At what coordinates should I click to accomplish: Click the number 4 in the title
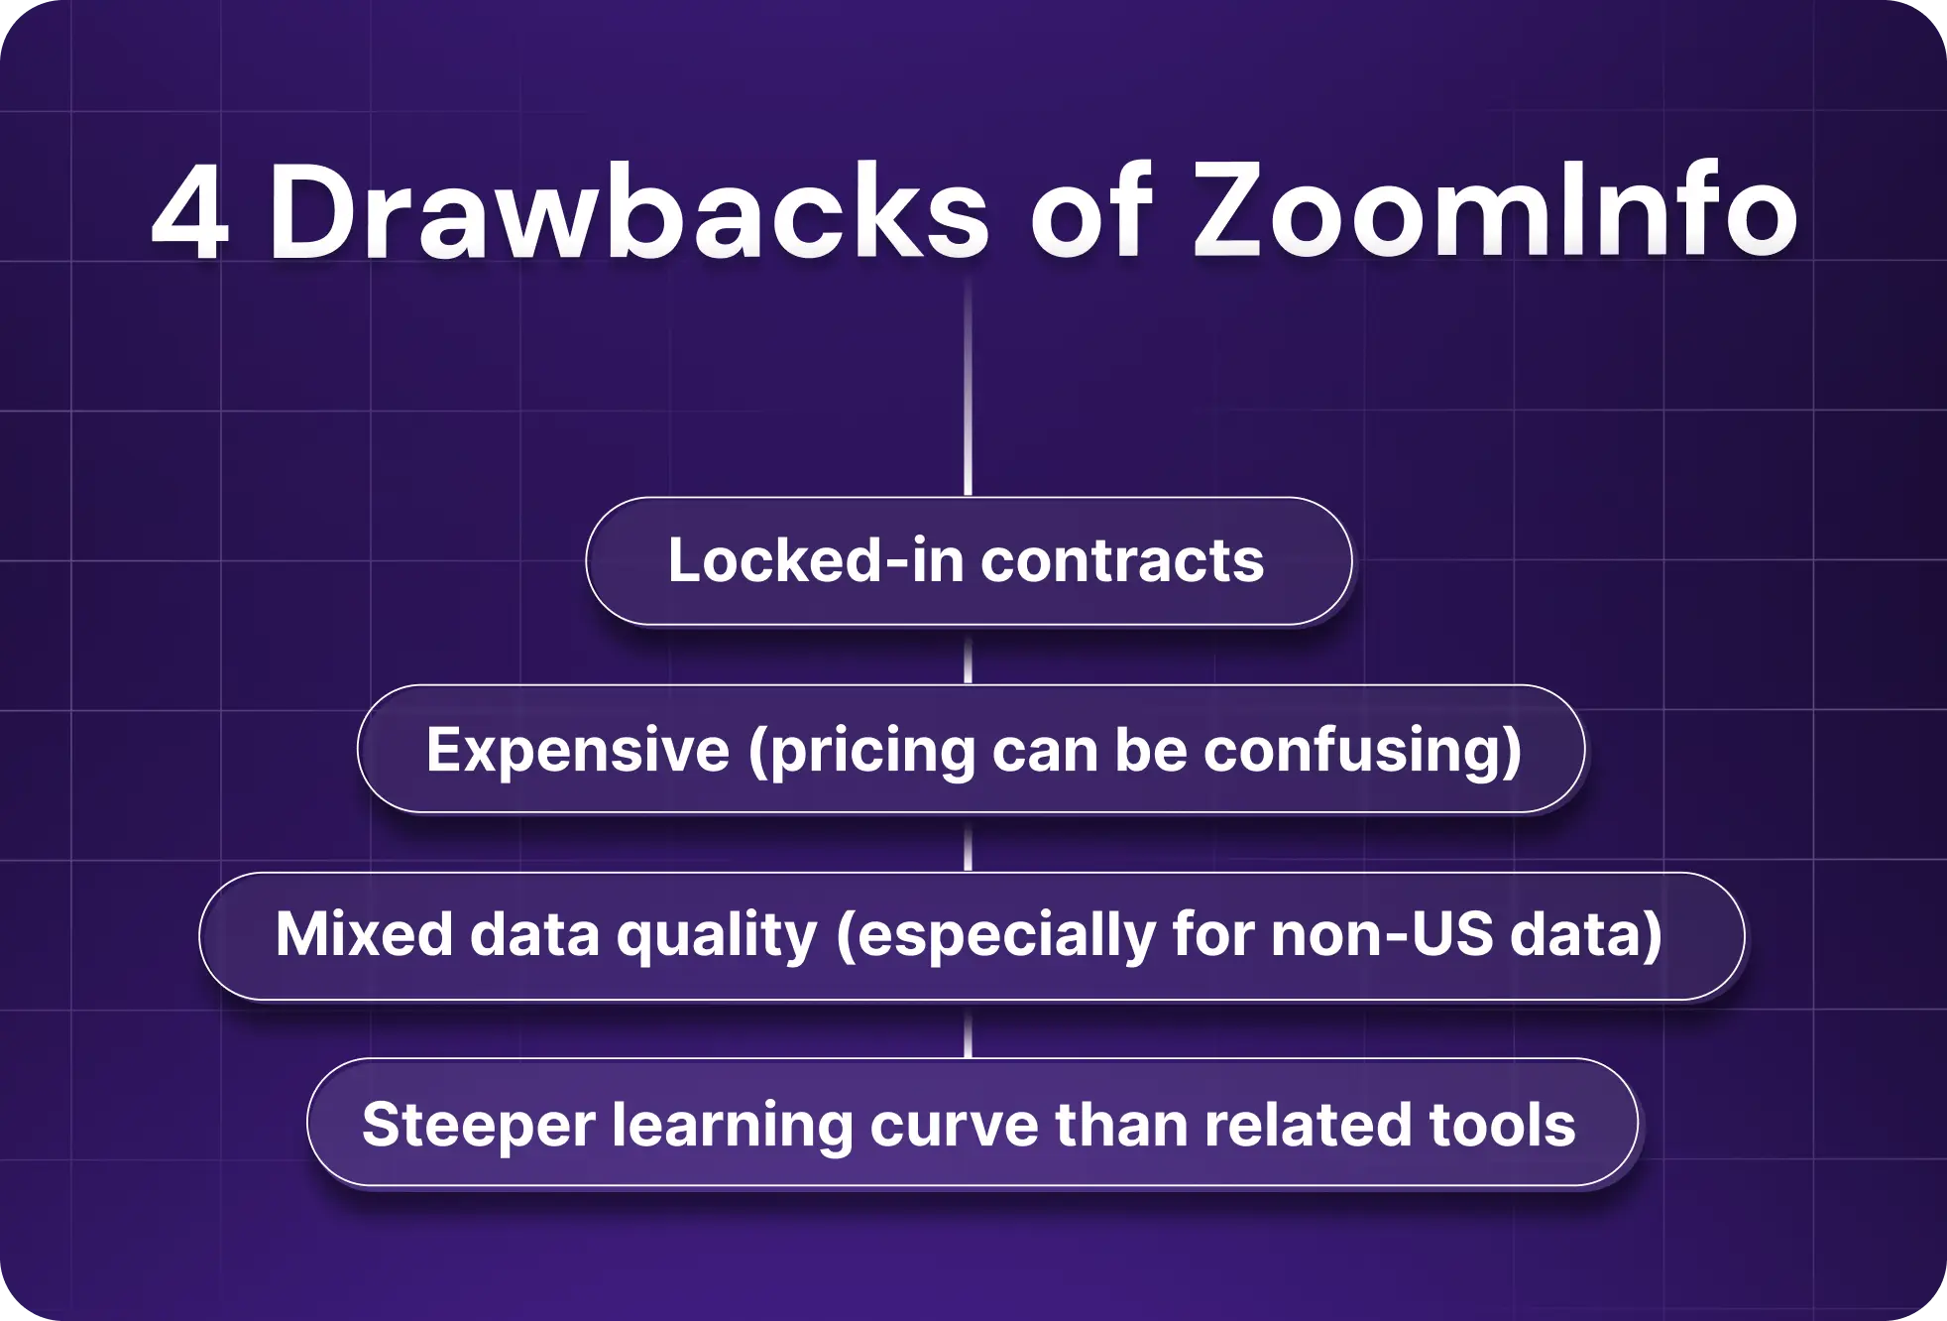pyautogui.click(x=191, y=213)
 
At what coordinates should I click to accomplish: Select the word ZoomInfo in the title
pyautogui.click(x=1495, y=213)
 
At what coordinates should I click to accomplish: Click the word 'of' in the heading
pyautogui.click(x=1091, y=213)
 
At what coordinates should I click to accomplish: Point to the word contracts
pyautogui.click(x=1122, y=560)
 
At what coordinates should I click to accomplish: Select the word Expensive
pyautogui.click(x=578, y=749)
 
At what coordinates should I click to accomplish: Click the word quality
pyautogui.click(x=717, y=936)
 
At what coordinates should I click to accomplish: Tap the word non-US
pyautogui.click(x=1382, y=934)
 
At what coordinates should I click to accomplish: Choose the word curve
pyautogui.click(x=953, y=1125)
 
